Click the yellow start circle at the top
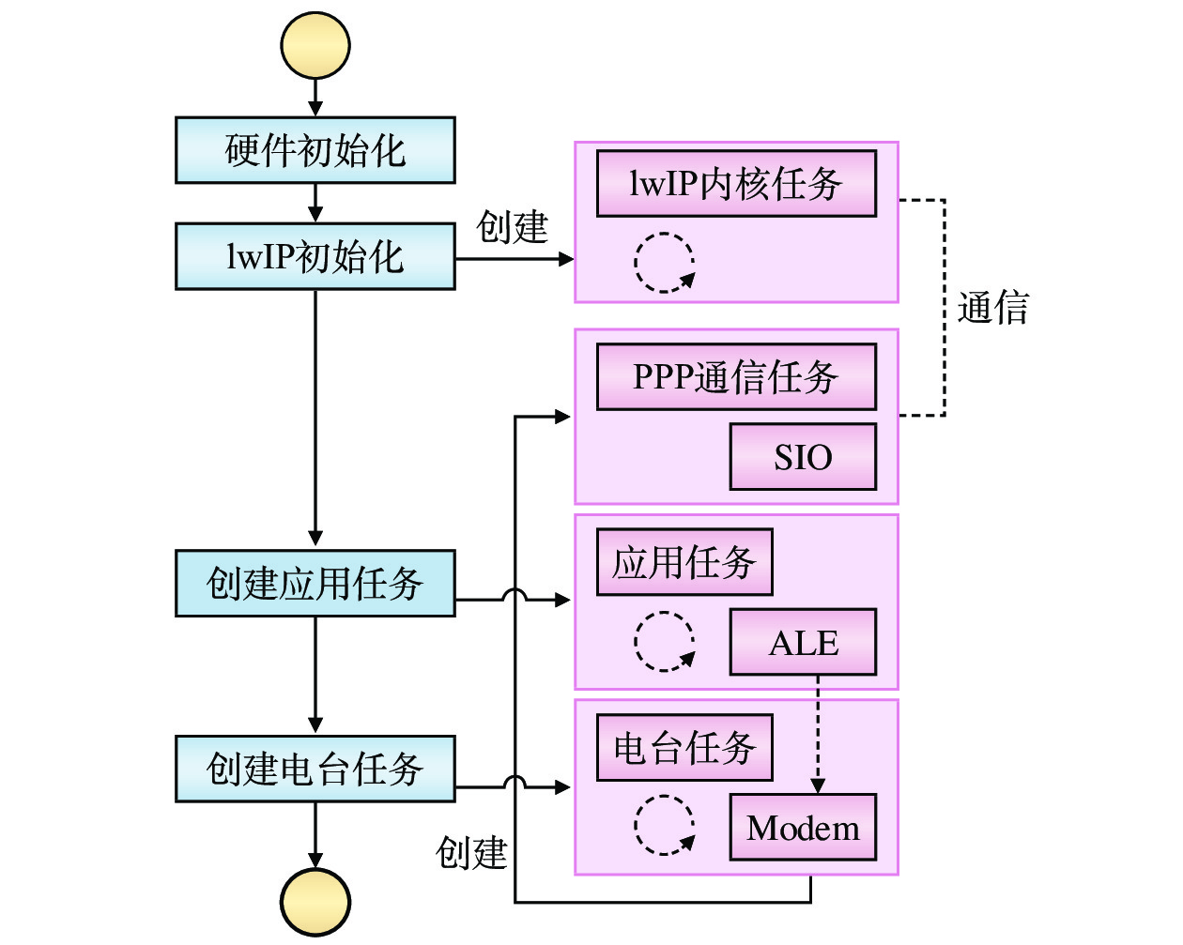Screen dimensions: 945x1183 click(x=315, y=46)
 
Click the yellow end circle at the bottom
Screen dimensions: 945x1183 click(x=315, y=902)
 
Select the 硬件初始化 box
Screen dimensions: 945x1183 click(x=315, y=150)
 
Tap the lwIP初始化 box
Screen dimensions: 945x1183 click(x=315, y=256)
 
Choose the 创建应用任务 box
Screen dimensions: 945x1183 click(x=315, y=584)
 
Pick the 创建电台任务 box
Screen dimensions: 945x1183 click(x=315, y=769)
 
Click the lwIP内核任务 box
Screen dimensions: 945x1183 click(x=736, y=184)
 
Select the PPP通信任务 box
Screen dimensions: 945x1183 click(x=736, y=377)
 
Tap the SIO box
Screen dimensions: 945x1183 click(x=803, y=457)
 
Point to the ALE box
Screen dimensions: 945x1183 click(x=803, y=643)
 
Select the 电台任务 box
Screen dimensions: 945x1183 click(x=684, y=748)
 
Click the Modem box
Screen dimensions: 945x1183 click(x=803, y=828)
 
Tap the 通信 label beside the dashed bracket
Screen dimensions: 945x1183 click(x=992, y=308)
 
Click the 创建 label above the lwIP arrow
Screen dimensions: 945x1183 click(x=512, y=227)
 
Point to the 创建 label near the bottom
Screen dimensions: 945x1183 click(x=471, y=853)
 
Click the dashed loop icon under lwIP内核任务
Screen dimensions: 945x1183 click(x=665, y=263)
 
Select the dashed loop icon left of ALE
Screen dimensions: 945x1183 click(x=665, y=642)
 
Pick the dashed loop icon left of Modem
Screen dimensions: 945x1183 click(x=665, y=826)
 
